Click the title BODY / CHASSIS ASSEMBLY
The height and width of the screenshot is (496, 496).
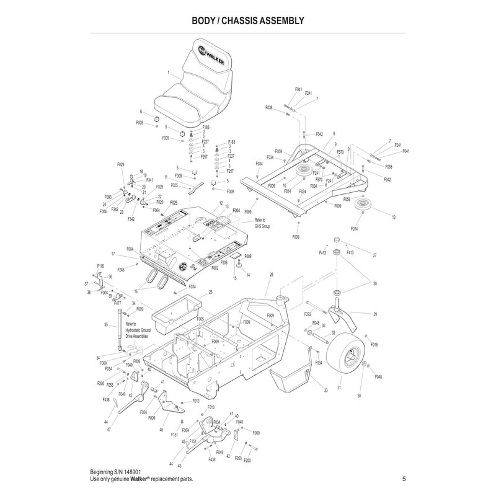tap(247, 20)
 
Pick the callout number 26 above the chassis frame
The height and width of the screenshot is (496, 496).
tap(271, 275)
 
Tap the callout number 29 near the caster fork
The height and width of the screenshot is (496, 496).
tap(375, 314)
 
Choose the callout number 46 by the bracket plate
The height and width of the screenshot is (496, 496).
tap(161, 430)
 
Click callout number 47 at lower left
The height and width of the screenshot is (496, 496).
tap(108, 429)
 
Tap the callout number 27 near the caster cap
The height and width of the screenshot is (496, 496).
tap(374, 255)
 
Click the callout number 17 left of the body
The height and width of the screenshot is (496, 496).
tap(113, 254)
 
